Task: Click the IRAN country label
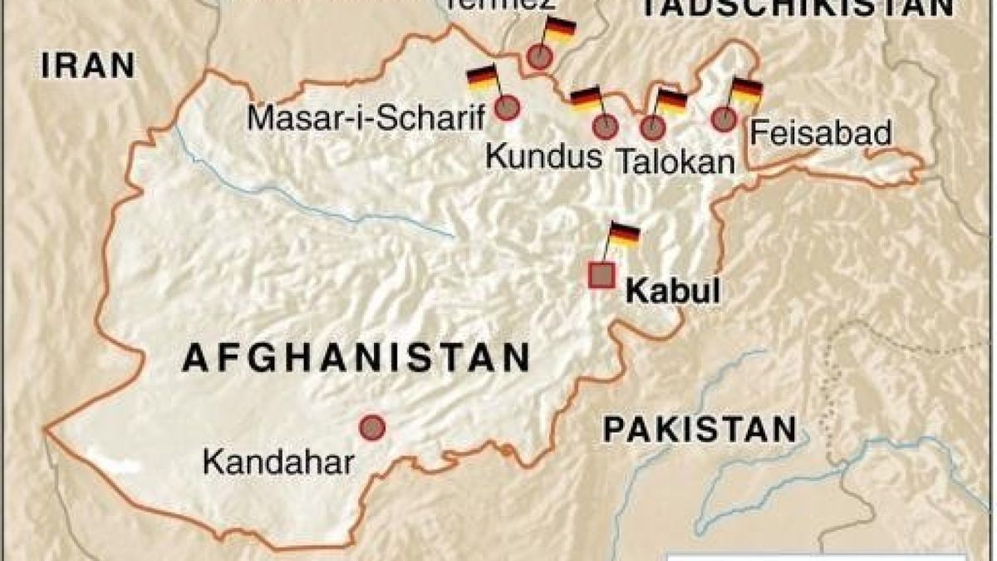click(88, 65)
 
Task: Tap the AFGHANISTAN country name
click(356, 358)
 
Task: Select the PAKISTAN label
click(700, 431)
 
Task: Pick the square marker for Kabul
click(602, 275)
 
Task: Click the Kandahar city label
click(278, 462)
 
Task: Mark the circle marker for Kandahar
click(372, 427)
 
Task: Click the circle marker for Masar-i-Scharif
click(507, 108)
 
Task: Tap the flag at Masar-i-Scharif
click(482, 78)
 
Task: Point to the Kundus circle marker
click(605, 127)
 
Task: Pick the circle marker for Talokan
click(653, 127)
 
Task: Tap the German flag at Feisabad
click(746, 91)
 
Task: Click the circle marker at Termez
click(539, 57)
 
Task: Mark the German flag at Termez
click(560, 29)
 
